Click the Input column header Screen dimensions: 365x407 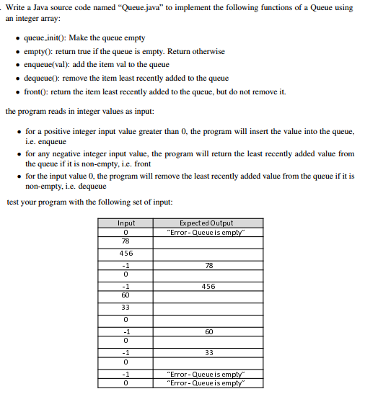(x=126, y=223)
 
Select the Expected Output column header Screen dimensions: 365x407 (x=209, y=223)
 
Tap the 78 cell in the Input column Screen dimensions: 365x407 (x=126, y=241)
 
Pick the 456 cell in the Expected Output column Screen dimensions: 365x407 (x=209, y=286)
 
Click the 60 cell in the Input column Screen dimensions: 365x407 (x=126, y=295)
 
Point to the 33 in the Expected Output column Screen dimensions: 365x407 (x=209, y=353)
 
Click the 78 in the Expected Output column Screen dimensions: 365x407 (x=209, y=265)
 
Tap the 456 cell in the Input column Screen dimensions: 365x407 (x=126, y=254)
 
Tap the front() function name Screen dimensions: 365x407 (x=36, y=91)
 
